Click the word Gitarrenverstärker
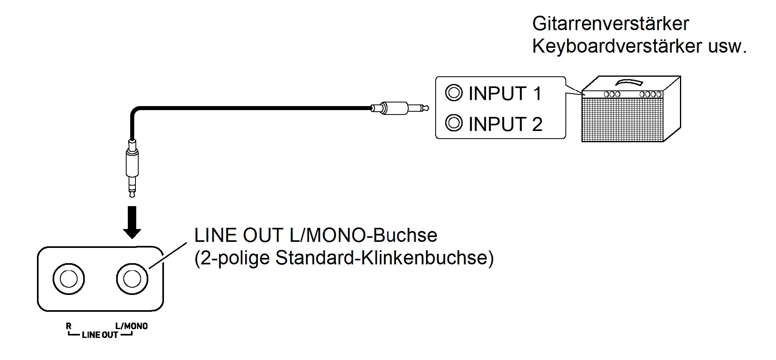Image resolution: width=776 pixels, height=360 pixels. tap(610, 24)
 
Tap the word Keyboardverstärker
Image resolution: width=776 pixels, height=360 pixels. tap(617, 46)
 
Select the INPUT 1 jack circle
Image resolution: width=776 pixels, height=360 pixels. tap(454, 92)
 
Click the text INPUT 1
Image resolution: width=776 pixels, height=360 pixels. tap(505, 94)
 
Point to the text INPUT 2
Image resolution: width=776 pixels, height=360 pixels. tap(505, 124)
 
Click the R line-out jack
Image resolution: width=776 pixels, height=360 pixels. tap(69, 279)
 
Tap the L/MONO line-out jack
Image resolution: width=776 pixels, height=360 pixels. tap(132, 279)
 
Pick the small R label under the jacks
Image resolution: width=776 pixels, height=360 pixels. tap(69, 326)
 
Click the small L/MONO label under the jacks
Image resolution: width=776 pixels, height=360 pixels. tap(131, 326)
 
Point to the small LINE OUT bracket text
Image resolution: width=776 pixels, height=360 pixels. tap(100, 335)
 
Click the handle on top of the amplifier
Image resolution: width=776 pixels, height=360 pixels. tap(629, 82)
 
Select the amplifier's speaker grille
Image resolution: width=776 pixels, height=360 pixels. tap(622, 120)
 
